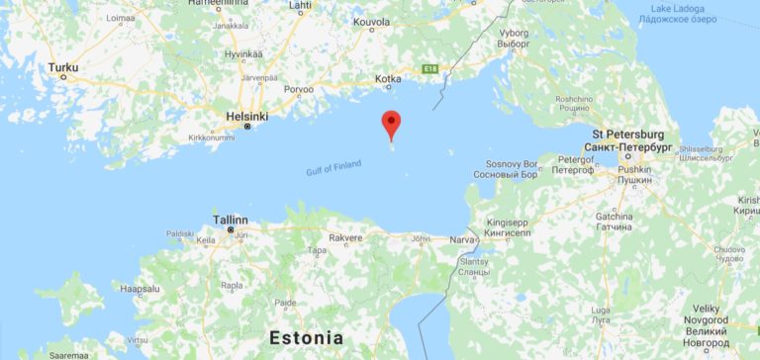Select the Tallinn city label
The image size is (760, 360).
point(231,220)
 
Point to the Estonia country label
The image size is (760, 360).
point(306,337)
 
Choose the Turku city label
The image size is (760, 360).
point(62,67)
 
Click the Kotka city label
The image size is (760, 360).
point(388,78)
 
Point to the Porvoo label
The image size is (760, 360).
point(298,89)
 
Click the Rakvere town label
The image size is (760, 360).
point(345,237)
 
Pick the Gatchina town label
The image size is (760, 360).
point(614,216)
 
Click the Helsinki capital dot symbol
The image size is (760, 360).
point(247,128)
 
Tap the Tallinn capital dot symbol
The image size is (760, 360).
point(231,230)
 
